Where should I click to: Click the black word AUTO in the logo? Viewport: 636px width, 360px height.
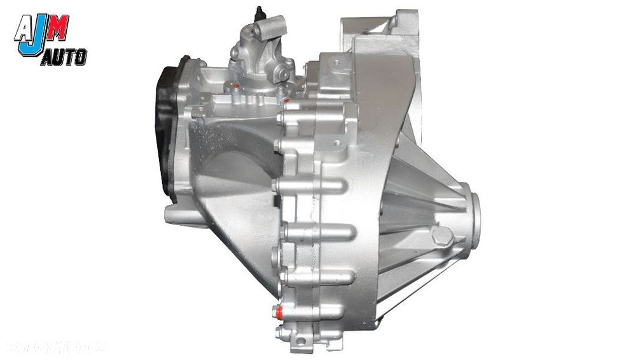point(64,58)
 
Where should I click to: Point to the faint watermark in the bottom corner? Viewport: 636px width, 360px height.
point(57,347)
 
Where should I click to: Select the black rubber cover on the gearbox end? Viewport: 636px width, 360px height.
point(170,127)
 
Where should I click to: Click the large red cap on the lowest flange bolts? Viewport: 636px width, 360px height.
point(277,311)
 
